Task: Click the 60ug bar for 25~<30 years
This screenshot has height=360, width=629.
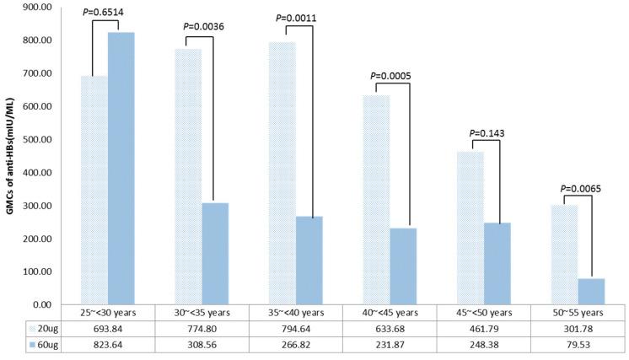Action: point(121,169)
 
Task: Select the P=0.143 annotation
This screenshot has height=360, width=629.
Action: point(487,133)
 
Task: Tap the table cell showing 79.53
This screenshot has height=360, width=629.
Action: point(578,344)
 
